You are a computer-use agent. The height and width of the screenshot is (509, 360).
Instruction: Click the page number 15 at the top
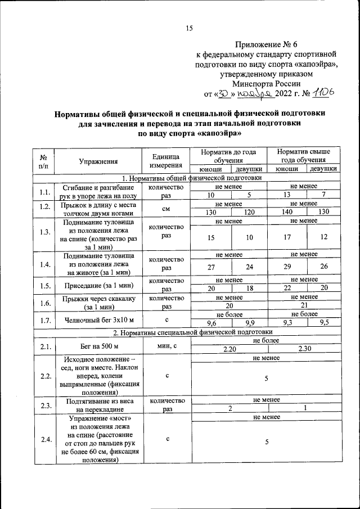(x=189, y=29)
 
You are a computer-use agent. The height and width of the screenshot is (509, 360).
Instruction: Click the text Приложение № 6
(x=263, y=44)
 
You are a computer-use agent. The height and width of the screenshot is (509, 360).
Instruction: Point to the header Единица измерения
(x=166, y=161)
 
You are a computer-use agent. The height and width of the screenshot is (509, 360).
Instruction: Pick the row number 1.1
(x=44, y=191)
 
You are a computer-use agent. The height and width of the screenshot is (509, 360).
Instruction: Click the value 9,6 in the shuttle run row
(x=212, y=323)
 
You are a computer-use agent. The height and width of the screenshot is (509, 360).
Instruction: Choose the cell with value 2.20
(x=229, y=349)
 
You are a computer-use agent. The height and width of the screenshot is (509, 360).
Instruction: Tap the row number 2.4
(x=44, y=439)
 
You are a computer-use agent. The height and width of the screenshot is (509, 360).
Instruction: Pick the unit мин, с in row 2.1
(x=166, y=345)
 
